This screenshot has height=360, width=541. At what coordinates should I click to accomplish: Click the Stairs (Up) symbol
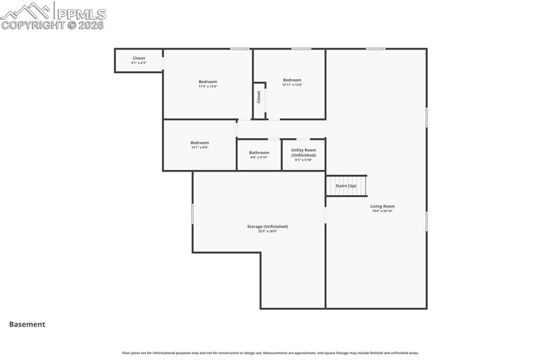[346, 186]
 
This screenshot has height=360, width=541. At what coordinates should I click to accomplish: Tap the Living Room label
[382, 206]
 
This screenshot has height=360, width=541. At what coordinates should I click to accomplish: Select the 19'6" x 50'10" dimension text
[382, 211]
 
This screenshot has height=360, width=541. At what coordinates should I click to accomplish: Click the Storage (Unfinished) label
[267, 226]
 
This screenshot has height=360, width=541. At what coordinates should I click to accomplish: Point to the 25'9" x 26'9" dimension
[267, 231]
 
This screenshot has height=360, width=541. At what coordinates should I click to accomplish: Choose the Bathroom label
[259, 153]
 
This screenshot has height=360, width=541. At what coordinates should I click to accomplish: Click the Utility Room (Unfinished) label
[303, 153]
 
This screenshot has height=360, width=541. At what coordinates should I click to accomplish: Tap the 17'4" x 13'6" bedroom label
[208, 82]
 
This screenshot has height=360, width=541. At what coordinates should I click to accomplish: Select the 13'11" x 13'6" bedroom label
[292, 80]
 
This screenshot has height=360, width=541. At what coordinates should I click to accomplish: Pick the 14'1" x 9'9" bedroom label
[200, 143]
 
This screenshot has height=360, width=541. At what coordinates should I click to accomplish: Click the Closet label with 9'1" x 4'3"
[138, 58]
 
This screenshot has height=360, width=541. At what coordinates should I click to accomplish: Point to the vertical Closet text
[259, 97]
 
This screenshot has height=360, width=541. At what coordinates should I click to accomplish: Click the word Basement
[27, 325]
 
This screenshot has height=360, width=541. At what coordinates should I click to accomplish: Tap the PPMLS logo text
[81, 13]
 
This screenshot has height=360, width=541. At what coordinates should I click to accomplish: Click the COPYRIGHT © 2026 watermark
[52, 25]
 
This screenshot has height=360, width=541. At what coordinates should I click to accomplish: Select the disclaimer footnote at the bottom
[270, 353]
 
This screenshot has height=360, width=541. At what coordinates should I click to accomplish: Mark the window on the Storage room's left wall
[192, 214]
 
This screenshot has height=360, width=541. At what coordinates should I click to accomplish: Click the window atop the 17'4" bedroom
[239, 49]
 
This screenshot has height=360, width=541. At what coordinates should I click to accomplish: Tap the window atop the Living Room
[376, 49]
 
